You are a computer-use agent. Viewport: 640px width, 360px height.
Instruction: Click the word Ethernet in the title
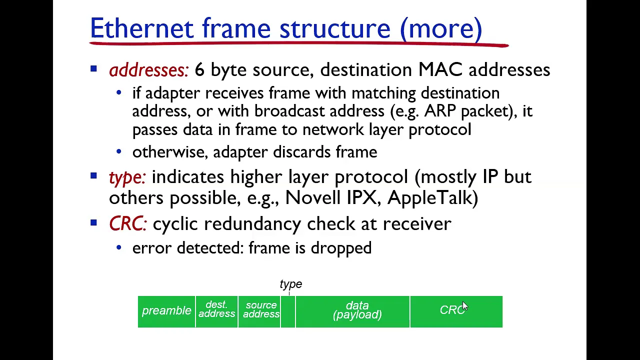[x=141, y=28]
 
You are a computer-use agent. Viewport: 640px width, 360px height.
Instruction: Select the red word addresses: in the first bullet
[x=148, y=70]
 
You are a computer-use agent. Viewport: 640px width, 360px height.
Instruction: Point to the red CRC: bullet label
[x=128, y=223]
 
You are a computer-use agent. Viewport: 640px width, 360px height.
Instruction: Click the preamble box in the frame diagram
[x=166, y=311]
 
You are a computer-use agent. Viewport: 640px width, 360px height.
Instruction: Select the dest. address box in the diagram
[x=216, y=311]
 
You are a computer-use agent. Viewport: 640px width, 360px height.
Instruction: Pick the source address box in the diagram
[x=259, y=311]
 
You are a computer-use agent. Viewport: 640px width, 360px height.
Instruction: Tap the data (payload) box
[x=352, y=311]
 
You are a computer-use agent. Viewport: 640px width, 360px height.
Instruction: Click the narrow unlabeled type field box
[x=288, y=311]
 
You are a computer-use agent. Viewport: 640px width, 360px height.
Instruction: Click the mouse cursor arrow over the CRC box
[x=464, y=305]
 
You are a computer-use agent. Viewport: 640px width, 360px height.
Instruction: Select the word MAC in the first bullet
[x=440, y=69]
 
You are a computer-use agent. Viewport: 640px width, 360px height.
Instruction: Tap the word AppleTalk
[x=433, y=197]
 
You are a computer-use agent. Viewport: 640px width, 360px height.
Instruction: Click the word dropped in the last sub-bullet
[x=341, y=248]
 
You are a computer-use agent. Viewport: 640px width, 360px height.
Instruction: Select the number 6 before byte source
[x=199, y=69]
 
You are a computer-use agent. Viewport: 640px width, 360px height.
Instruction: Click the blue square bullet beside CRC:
[x=93, y=223]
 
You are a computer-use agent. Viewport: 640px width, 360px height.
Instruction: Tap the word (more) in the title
[x=441, y=28]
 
